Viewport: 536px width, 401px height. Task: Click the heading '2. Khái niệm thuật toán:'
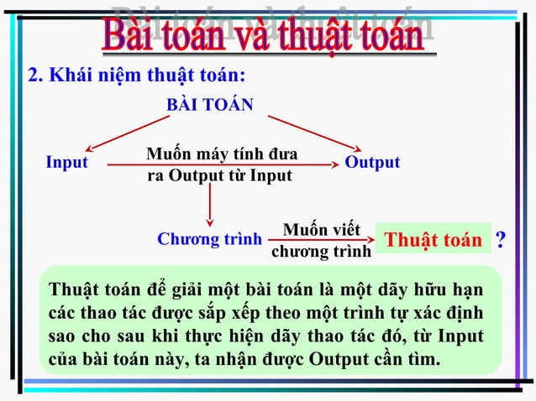click(137, 75)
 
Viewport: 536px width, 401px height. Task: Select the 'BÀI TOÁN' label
click(210, 104)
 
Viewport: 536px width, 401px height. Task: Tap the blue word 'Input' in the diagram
click(66, 163)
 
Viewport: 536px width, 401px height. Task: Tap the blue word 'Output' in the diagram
click(372, 163)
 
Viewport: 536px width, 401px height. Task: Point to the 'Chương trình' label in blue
click(209, 239)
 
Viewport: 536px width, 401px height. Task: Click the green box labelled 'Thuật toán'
click(433, 241)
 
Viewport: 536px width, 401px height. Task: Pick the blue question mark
click(501, 240)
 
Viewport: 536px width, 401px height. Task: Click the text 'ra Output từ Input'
click(219, 176)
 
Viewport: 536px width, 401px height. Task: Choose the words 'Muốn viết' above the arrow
click(322, 229)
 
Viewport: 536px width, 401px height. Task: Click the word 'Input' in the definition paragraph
click(457, 336)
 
